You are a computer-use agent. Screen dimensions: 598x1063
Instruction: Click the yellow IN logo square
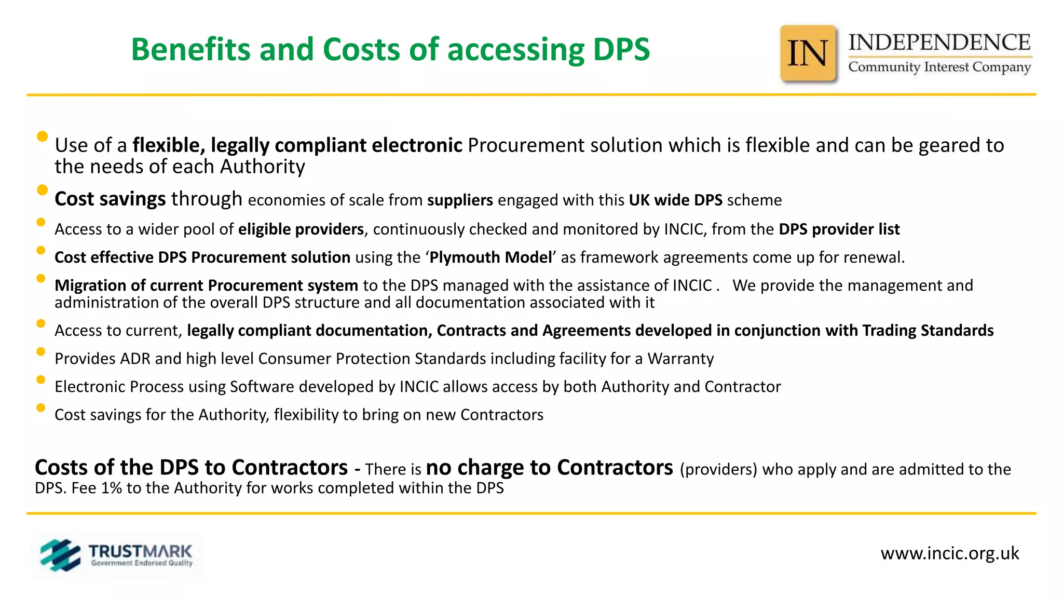[x=808, y=53]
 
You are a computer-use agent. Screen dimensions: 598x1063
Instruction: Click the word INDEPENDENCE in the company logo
[x=939, y=43]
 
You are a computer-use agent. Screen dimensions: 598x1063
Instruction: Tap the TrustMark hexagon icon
[x=60, y=555]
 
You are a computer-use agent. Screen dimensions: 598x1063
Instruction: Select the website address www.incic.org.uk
[x=949, y=553]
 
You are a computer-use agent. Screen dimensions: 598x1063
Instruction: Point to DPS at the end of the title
[x=621, y=50]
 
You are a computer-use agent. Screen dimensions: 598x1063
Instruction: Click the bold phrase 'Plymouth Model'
[x=490, y=257]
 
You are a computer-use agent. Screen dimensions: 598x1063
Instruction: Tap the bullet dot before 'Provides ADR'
[x=41, y=352]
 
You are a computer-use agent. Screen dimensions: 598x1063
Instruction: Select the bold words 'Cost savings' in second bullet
[x=110, y=199]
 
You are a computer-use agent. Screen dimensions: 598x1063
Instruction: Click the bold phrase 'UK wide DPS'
[x=675, y=200]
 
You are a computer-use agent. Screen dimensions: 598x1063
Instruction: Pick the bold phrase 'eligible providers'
[x=301, y=229]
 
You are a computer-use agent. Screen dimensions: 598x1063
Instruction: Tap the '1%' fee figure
[x=111, y=488]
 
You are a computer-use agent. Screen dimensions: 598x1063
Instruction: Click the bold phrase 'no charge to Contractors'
[x=549, y=468]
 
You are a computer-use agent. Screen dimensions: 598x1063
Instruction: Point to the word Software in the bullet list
[x=262, y=387]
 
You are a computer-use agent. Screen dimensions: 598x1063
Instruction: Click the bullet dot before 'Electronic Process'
[x=41, y=380]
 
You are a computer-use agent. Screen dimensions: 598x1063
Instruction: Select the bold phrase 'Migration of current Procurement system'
[x=206, y=286]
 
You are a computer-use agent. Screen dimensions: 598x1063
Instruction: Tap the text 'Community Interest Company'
[x=939, y=67]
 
